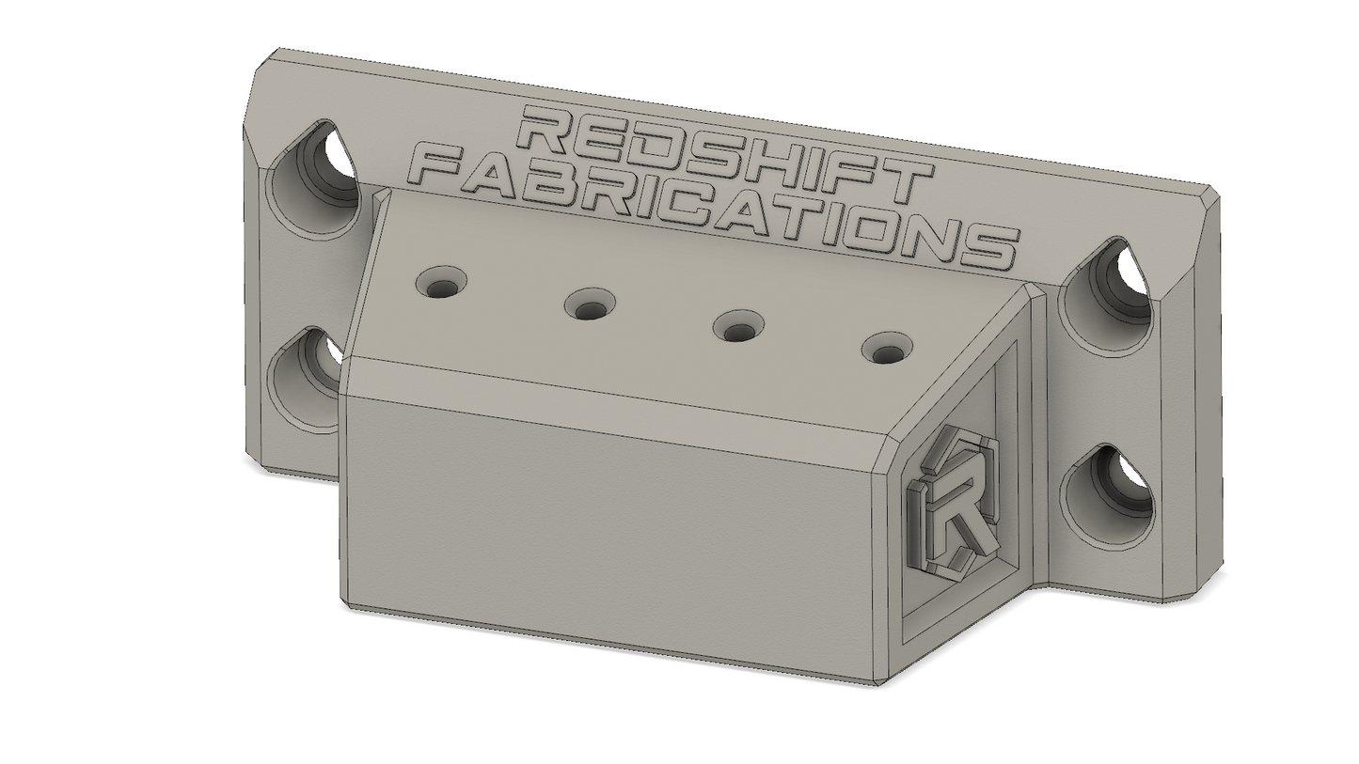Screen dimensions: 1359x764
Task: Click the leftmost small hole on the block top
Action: (x=442, y=283)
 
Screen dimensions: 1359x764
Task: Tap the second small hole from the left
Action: (x=590, y=305)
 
